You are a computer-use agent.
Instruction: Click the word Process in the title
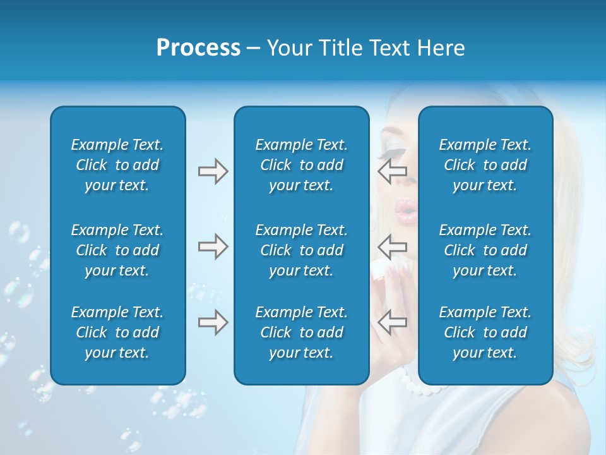click(x=198, y=48)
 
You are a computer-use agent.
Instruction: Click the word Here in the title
click(x=441, y=48)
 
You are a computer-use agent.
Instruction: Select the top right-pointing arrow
click(x=213, y=171)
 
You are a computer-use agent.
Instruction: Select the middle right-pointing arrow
click(x=213, y=246)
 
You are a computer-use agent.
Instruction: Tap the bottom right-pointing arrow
click(x=213, y=322)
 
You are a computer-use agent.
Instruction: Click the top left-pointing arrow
click(x=392, y=170)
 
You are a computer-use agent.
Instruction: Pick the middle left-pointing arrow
click(x=392, y=245)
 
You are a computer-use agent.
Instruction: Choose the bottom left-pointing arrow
click(x=392, y=322)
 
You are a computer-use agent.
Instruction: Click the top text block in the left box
click(x=117, y=165)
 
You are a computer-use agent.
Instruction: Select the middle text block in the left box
click(x=117, y=250)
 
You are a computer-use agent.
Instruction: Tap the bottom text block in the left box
click(x=117, y=332)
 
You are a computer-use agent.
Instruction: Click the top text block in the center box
click(x=301, y=165)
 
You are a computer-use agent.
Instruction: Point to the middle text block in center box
click(x=301, y=250)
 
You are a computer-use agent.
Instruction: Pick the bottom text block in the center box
click(x=301, y=332)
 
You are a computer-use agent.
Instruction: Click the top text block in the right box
click(x=485, y=165)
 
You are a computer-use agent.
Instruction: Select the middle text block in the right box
click(x=485, y=250)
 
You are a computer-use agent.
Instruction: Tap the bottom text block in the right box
click(x=485, y=332)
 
